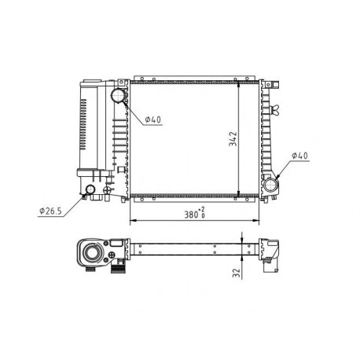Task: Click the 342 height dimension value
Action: point(233,139)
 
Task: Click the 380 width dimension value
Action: point(191,215)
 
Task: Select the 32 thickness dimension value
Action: point(237,273)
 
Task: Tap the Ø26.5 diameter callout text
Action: point(50,211)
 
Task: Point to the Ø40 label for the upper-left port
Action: point(153,119)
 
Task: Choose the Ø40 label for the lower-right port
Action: point(300,156)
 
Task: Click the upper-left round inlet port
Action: point(118,95)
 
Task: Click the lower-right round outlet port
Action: point(270,185)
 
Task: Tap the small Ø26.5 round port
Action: point(90,189)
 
